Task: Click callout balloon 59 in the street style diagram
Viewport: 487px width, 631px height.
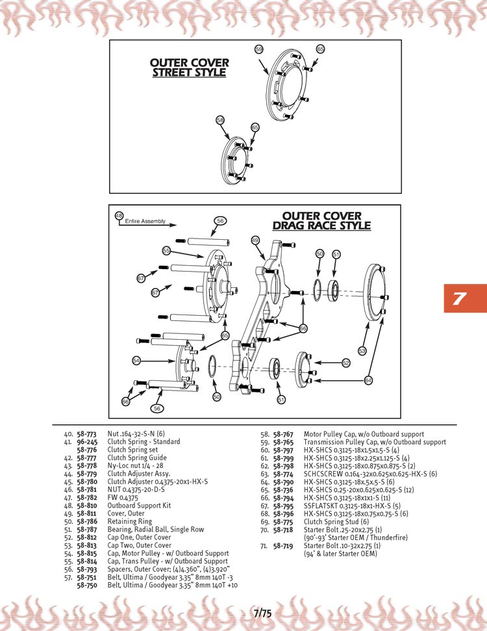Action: click(258, 49)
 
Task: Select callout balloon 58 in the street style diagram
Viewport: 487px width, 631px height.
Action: click(220, 120)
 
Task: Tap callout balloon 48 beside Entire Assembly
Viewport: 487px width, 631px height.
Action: click(119, 215)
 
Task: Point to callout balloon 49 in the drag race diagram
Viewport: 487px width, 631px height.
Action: click(255, 240)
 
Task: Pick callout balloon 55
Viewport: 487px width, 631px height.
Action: click(166, 250)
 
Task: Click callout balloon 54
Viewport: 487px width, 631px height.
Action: click(136, 360)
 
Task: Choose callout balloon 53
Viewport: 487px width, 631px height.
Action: click(362, 351)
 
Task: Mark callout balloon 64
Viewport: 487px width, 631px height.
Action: click(368, 380)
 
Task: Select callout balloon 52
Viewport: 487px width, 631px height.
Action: click(346, 363)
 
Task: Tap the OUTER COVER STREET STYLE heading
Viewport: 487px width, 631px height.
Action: click(189, 68)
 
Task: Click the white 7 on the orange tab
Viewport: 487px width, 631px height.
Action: click(459, 299)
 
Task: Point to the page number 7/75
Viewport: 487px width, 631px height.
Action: click(262, 612)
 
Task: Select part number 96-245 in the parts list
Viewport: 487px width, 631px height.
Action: click(87, 442)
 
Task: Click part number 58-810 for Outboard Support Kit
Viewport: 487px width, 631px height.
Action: click(87, 505)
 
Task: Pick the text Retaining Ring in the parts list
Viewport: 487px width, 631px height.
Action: click(130, 521)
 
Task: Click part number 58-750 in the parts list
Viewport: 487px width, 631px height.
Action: click(87, 585)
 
